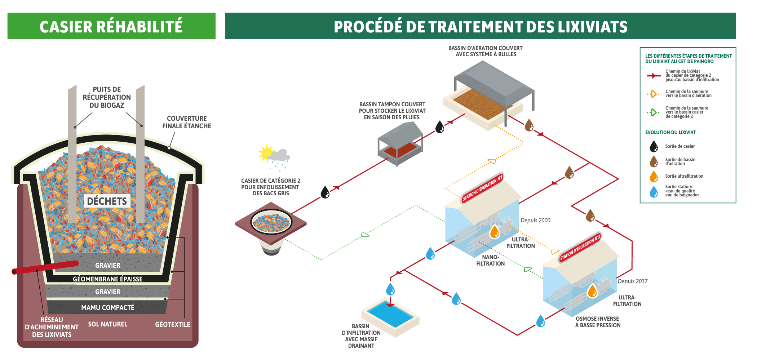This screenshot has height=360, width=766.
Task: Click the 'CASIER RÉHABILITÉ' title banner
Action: [111, 26]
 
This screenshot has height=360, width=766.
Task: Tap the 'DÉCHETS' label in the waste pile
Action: [107, 201]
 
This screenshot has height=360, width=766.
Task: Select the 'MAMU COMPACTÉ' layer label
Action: [107, 307]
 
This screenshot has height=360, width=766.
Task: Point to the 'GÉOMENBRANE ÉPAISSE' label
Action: [107, 279]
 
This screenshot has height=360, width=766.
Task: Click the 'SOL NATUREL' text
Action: [107, 324]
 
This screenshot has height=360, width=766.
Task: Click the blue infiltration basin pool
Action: [390, 313]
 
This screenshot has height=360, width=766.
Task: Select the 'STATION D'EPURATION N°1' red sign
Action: [482, 188]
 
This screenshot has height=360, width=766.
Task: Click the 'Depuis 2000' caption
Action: [535, 220]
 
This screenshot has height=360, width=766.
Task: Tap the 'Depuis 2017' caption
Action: [633, 281]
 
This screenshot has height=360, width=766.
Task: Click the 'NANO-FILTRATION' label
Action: [490, 260]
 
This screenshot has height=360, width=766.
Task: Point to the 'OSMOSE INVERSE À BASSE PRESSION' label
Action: [598, 322]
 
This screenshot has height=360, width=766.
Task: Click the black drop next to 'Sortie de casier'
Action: [654, 146]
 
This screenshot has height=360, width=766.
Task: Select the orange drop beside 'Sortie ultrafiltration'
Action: [654, 176]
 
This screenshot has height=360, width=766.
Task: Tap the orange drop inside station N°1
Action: [495, 232]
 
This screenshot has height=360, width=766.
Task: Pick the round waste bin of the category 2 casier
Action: [271, 222]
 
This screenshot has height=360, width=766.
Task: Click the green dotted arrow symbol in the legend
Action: [653, 112]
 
